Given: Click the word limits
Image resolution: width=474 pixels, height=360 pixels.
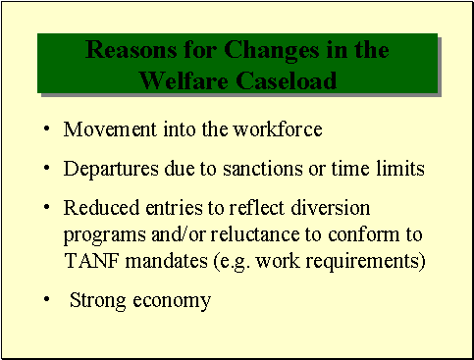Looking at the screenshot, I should coord(399,169).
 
